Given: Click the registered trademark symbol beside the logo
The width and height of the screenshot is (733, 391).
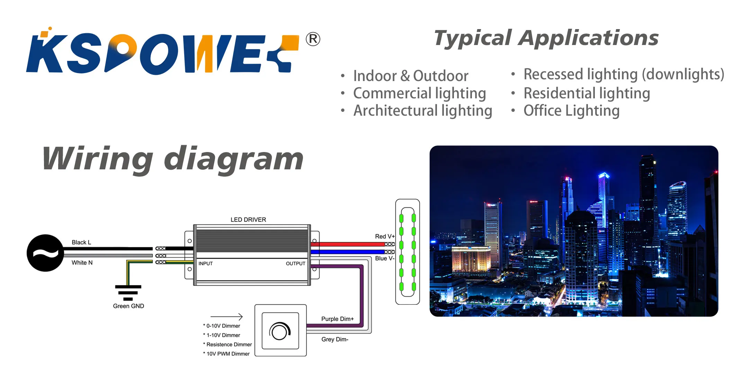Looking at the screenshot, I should click(x=313, y=39).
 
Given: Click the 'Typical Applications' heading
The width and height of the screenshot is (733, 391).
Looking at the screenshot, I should click(x=546, y=38).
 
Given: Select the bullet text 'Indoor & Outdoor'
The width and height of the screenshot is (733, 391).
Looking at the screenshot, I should click(x=411, y=76).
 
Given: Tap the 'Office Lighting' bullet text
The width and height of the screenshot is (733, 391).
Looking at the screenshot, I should click(x=571, y=111).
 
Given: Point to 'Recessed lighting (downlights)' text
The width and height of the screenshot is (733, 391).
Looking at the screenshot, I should click(x=624, y=74).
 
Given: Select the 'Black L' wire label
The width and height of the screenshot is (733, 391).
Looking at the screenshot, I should click(x=81, y=242).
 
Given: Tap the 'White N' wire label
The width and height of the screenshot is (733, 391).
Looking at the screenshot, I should click(x=82, y=263).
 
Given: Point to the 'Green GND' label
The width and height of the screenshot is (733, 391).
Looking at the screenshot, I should click(x=128, y=306).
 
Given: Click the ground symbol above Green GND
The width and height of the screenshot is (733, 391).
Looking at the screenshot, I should click(x=128, y=292).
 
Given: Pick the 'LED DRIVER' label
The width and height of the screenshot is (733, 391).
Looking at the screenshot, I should click(x=248, y=220).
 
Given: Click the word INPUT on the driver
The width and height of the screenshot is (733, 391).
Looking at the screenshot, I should click(x=206, y=264).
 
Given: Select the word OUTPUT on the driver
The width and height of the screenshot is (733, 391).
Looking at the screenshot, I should click(x=295, y=264).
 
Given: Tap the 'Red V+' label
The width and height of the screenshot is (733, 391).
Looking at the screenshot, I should click(x=385, y=236).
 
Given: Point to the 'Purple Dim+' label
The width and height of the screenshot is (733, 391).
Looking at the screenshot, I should click(x=338, y=319).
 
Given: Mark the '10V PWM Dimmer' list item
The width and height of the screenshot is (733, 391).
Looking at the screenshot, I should click(x=228, y=354).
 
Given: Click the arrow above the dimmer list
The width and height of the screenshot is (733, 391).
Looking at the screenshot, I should click(x=226, y=317).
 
